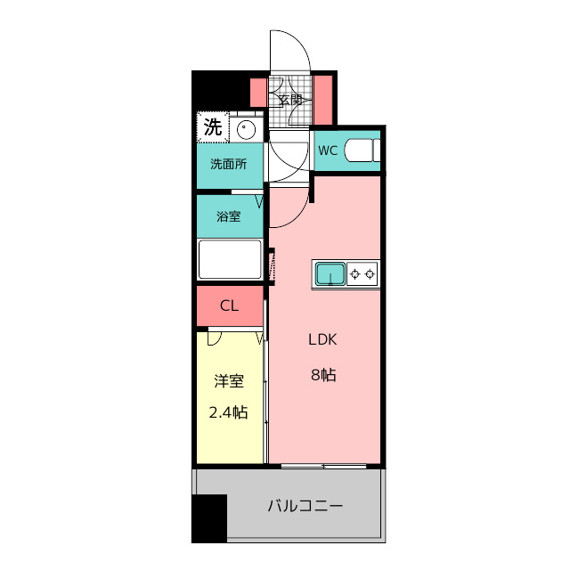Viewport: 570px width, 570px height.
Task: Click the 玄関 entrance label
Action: pyautogui.click(x=290, y=100)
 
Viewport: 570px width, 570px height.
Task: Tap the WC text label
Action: pyautogui.click(x=328, y=151)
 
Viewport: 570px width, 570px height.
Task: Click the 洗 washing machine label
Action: pyautogui.click(x=212, y=127)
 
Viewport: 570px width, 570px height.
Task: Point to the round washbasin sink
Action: pyautogui.click(x=247, y=129)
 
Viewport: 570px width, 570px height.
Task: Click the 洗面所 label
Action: pyautogui.click(x=229, y=164)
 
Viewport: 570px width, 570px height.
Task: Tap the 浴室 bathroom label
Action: pyautogui.click(x=229, y=216)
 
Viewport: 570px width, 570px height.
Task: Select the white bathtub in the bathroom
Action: pyautogui.click(x=230, y=259)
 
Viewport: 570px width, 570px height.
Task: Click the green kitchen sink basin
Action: pyautogui.click(x=330, y=274)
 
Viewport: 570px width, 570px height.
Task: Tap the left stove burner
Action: pyautogui.click(x=354, y=274)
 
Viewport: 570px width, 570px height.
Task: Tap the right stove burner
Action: pyautogui.click(x=370, y=274)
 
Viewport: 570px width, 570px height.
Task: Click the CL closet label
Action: pyautogui.click(x=230, y=306)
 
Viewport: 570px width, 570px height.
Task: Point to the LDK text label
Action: pyautogui.click(x=322, y=339)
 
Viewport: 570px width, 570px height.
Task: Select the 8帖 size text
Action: pyautogui.click(x=323, y=375)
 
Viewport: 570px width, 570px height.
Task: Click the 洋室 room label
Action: pyautogui.click(x=229, y=381)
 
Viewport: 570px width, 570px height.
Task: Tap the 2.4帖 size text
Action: pyautogui.click(x=228, y=412)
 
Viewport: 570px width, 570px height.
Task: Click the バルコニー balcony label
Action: pyautogui.click(x=305, y=506)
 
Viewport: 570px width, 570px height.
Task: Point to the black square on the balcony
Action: pyautogui.click(x=209, y=518)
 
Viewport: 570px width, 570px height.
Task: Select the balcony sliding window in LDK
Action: pyautogui.click(x=323, y=466)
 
